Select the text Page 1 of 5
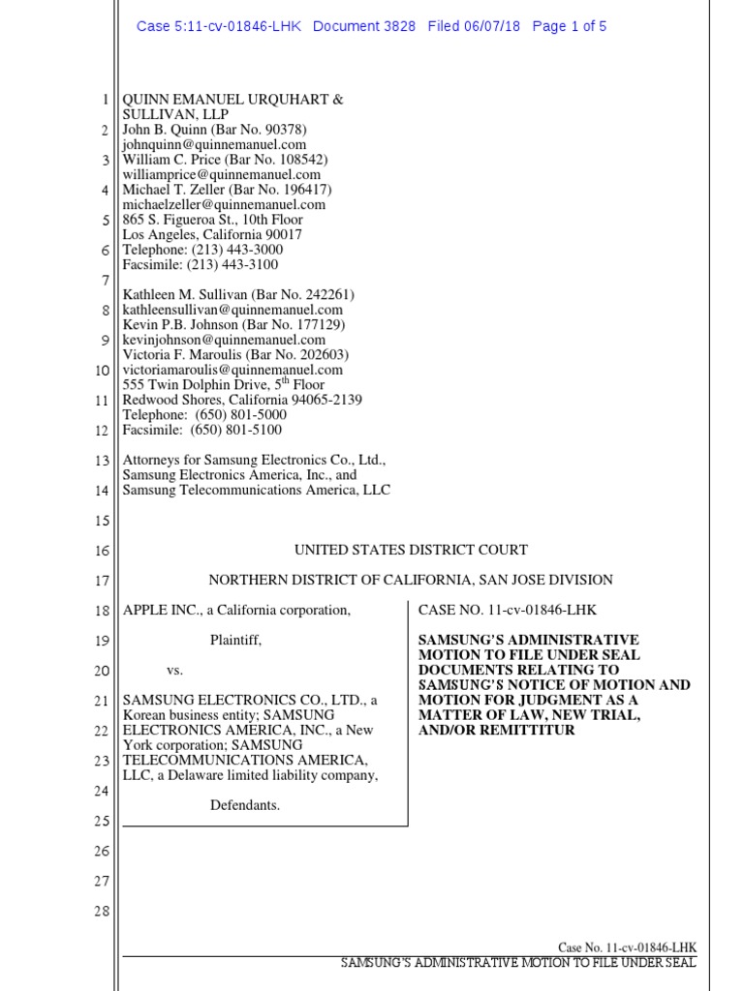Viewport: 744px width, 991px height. pos(570,26)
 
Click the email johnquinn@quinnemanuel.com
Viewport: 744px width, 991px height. pos(214,144)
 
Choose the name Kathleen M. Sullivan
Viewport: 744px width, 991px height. pos(184,294)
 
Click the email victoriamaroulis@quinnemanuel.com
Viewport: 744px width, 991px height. pos(232,370)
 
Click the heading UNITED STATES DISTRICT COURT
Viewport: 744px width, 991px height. pos(411,550)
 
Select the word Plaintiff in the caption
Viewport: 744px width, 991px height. pos(235,640)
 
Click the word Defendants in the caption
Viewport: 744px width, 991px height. pos(245,805)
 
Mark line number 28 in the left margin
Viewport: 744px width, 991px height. pos(102,911)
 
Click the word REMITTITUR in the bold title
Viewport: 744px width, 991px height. pos(520,730)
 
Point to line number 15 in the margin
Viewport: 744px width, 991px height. pos(102,521)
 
